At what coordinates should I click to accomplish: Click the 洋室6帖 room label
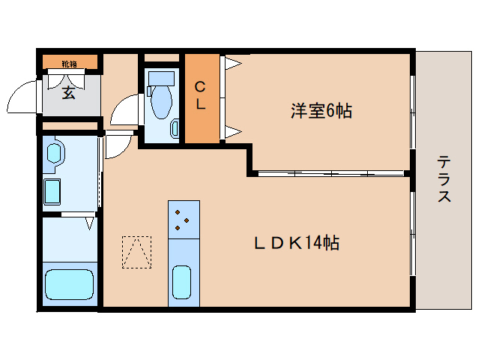321,112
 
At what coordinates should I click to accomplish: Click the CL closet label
201,95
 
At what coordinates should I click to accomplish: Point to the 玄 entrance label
68,93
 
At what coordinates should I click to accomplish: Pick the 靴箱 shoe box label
69,63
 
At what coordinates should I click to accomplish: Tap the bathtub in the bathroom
69,285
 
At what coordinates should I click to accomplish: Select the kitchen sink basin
183,283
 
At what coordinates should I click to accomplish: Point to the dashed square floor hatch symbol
136,252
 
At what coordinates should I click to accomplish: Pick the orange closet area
201,99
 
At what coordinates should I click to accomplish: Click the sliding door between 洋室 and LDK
330,173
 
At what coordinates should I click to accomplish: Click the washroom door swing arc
117,145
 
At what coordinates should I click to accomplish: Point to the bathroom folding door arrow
90,223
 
